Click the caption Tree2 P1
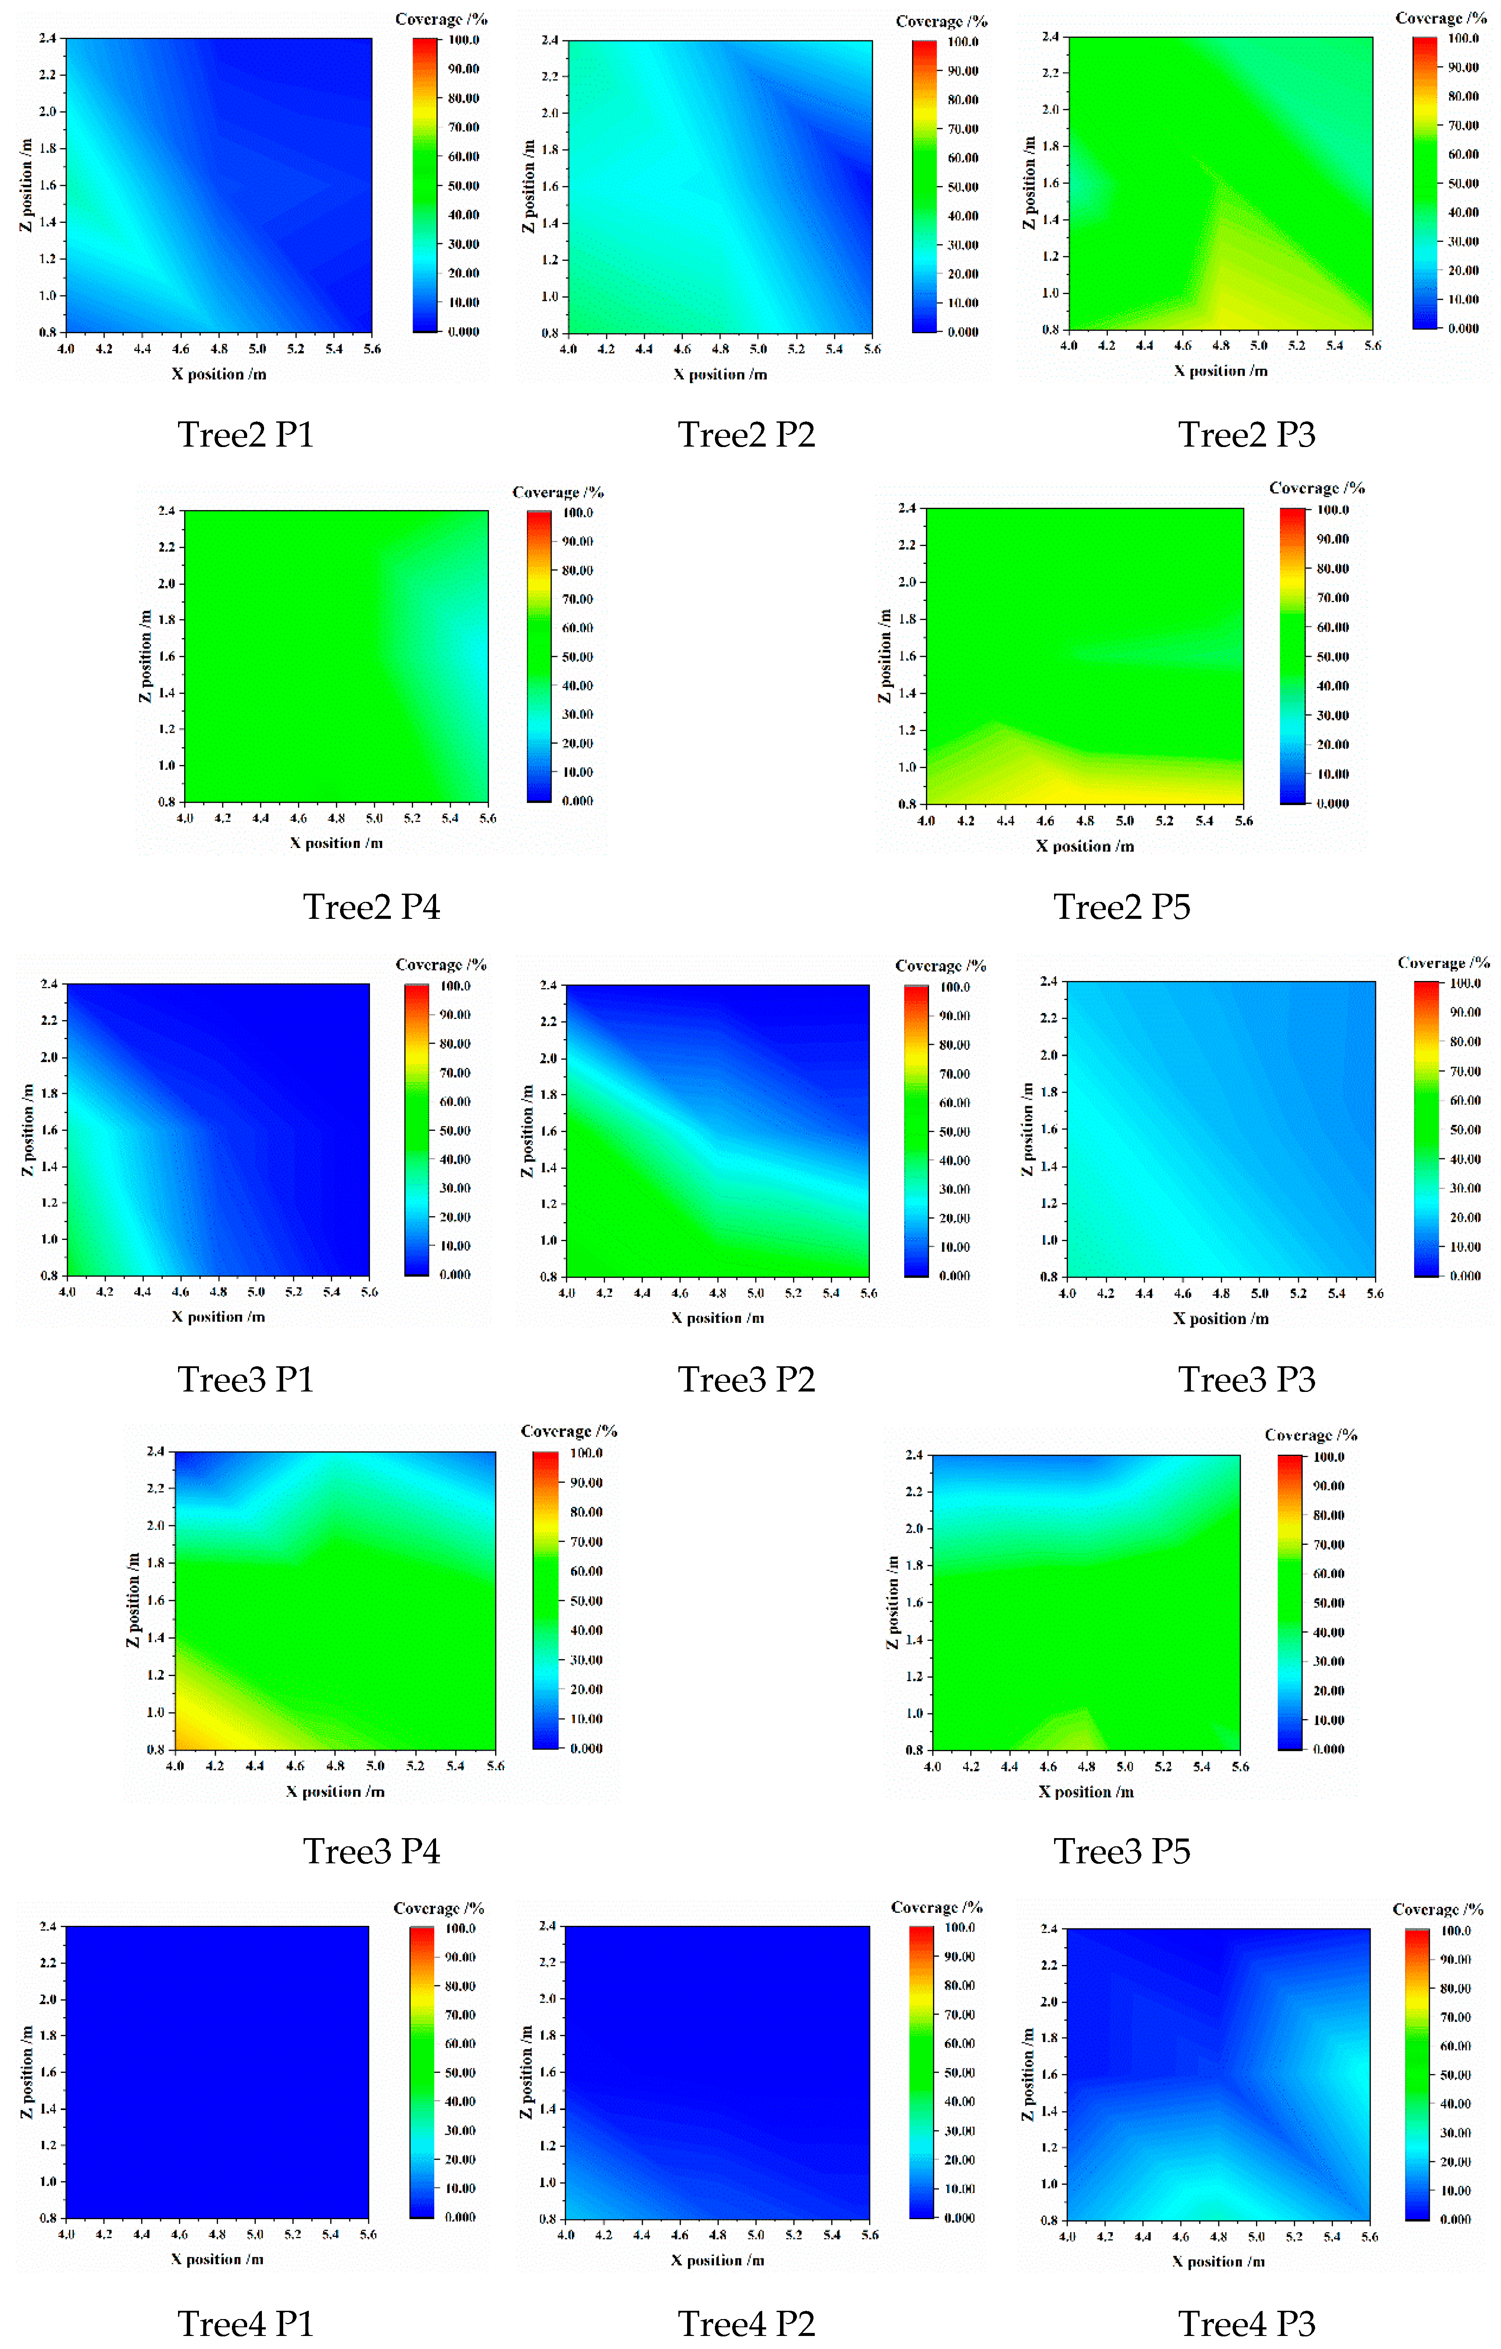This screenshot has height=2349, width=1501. coord(246,434)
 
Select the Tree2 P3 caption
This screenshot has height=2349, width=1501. coord(1246,434)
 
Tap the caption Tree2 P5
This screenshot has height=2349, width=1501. coord(1121,906)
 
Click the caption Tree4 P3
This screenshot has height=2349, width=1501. coord(1246,2324)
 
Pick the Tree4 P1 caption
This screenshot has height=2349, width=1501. coord(246,2324)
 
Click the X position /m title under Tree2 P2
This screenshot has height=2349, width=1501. coord(720,374)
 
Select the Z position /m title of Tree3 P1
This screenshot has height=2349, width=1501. coord(27,1130)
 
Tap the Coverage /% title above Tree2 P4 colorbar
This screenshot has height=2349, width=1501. coord(558,493)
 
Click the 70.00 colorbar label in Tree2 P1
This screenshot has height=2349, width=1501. coord(463,127)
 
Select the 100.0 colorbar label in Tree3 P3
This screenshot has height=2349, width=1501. coord(1465,983)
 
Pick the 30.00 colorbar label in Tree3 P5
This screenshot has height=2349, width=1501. coord(1329,1661)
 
